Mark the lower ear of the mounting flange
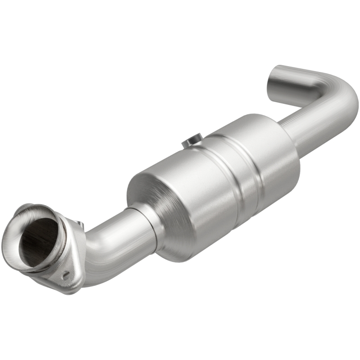pyautogui.click(x=67, y=279)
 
